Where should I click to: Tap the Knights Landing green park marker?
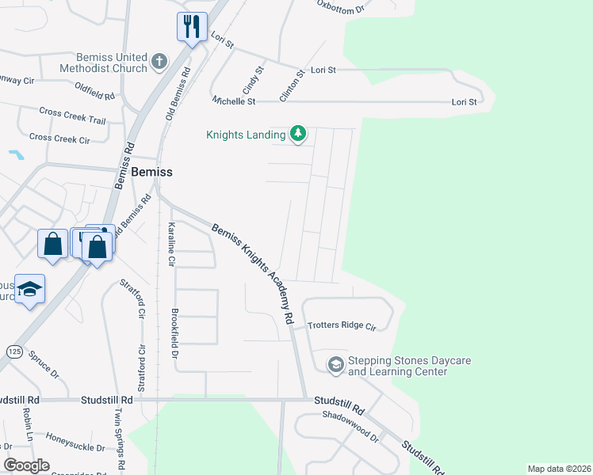(298, 134)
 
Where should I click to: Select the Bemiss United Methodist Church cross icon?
(159, 61)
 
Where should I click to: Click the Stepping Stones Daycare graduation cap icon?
(335, 364)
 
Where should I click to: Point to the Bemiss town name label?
(151, 171)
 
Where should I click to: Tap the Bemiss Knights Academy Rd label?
(253, 273)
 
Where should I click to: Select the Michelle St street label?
(234, 101)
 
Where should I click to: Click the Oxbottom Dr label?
(339, 9)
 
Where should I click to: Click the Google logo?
(26, 465)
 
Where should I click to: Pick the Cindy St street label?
(258, 82)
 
